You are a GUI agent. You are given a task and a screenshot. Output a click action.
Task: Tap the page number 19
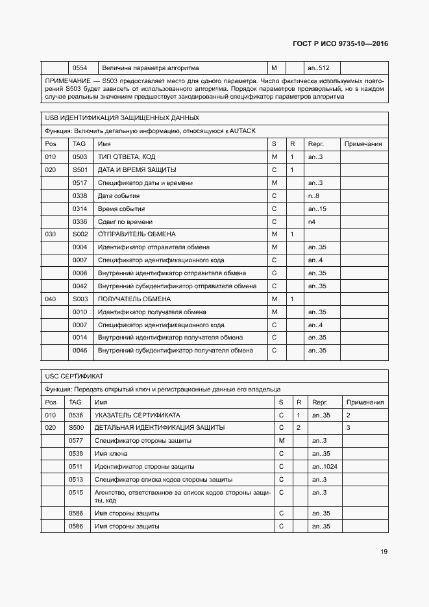pyautogui.click(x=384, y=552)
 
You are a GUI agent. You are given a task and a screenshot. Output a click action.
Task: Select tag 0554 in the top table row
pyautogui.click(x=80, y=68)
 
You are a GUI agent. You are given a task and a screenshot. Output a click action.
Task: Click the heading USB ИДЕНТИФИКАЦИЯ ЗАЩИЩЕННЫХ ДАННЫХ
pyautogui.click(x=122, y=118)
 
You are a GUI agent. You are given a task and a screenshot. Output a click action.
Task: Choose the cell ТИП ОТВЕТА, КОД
pyautogui.click(x=127, y=157)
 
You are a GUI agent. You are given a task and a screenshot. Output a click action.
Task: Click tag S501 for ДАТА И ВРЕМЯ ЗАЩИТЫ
pyautogui.click(x=80, y=170)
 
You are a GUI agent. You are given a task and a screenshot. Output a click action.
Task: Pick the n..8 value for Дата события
pyautogui.click(x=313, y=195)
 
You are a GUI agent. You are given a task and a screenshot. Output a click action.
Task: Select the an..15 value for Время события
pyautogui.click(x=316, y=208)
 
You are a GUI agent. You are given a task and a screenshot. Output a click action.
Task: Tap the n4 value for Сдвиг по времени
pyautogui.click(x=312, y=221)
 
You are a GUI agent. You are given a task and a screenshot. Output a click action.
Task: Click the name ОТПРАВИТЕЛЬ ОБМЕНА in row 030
pyautogui.click(x=136, y=234)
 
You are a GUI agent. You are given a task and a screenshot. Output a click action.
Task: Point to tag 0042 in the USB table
pyautogui.click(x=80, y=286)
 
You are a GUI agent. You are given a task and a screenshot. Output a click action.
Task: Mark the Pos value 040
pyautogui.click(x=51, y=299)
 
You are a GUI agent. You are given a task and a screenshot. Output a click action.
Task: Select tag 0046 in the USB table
pyautogui.click(x=80, y=350)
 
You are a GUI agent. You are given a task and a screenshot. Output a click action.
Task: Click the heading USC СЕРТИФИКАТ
pyautogui.click(x=75, y=376)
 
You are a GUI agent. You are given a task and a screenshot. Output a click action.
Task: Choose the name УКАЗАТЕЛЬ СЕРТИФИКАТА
pyautogui.click(x=137, y=414)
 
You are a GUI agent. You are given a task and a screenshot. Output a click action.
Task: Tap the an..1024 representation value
pyautogui.click(x=324, y=466)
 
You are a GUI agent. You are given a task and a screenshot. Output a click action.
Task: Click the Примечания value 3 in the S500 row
pyautogui.click(x=349, y=427)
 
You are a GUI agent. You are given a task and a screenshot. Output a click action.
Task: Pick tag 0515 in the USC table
pyautogui.click(x=75, y=492)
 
